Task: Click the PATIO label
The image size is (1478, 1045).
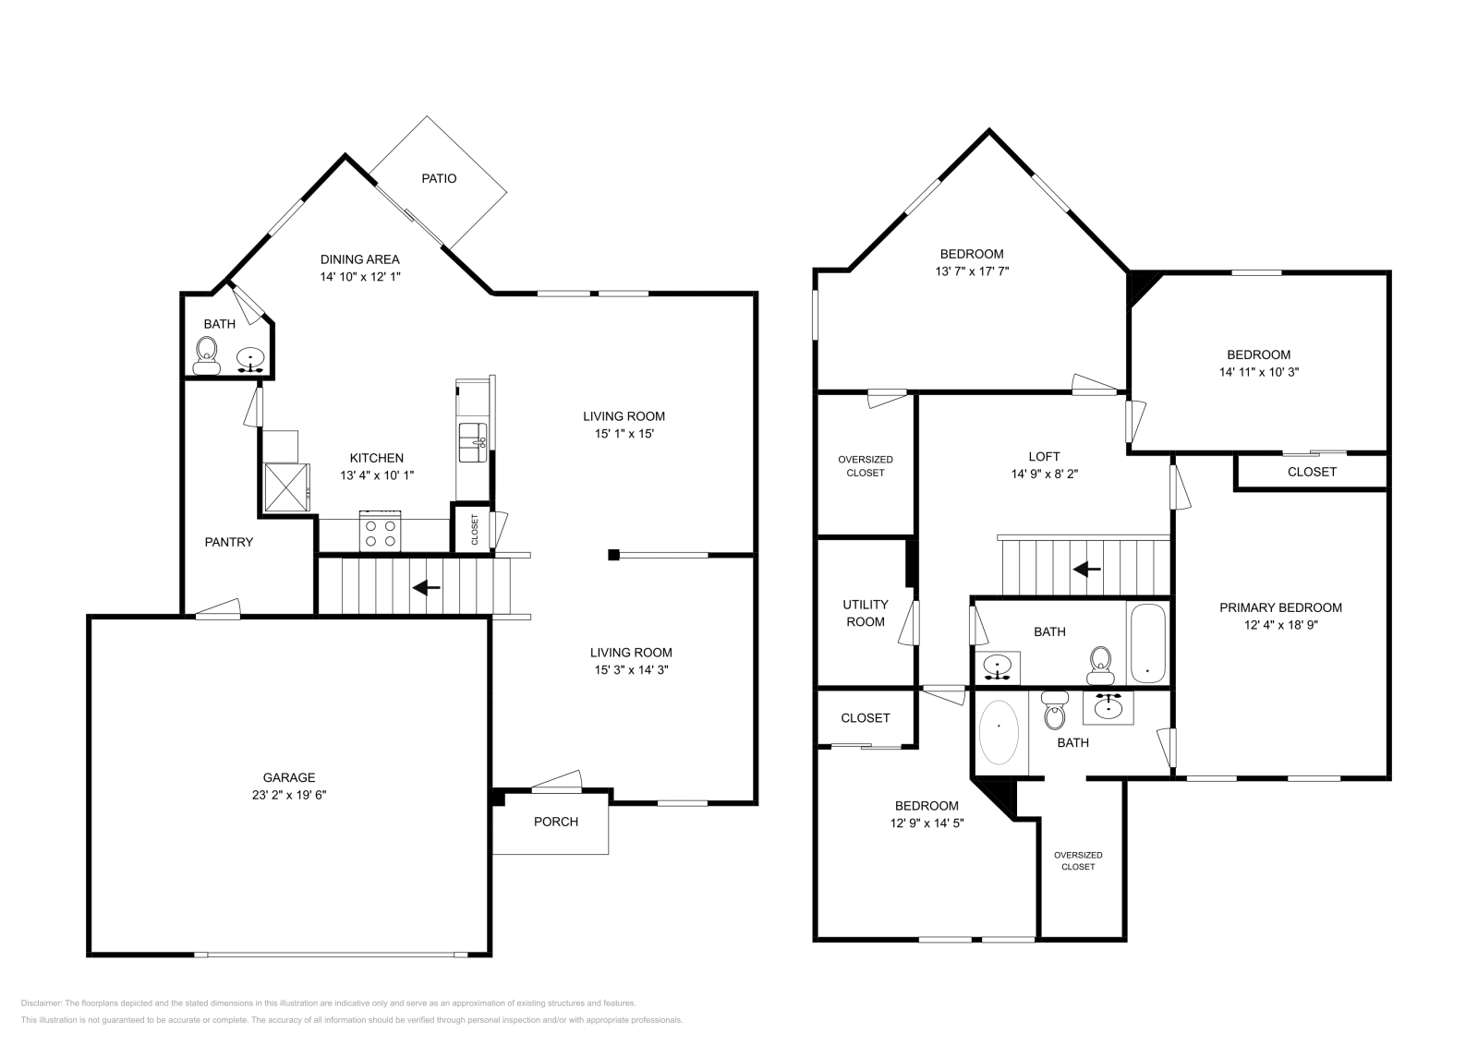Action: click(439, 178)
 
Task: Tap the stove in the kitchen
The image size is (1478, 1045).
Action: click(380, 533)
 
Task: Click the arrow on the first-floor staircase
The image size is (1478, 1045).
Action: click(426, 587)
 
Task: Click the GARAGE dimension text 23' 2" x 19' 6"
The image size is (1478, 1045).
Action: click(289, 794)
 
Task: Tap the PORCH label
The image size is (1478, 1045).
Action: click(556, 822)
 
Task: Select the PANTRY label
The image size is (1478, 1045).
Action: click(228, 542)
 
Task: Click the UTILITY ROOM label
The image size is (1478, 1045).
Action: click(866, 613)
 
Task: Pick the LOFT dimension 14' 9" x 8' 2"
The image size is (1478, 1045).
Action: click(1044, 474)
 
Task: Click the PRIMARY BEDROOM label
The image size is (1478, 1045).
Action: click(1280, 607)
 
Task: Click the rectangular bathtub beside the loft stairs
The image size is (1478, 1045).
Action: click(1147, 643)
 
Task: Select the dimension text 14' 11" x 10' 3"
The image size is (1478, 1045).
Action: click(1258, 372)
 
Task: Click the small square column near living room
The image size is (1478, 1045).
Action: click(612, 555)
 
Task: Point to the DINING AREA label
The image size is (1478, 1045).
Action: click(359, 259)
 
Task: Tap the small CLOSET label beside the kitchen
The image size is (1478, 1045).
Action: click(475, 530)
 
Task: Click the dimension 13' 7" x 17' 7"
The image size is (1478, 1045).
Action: click(972, 271)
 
